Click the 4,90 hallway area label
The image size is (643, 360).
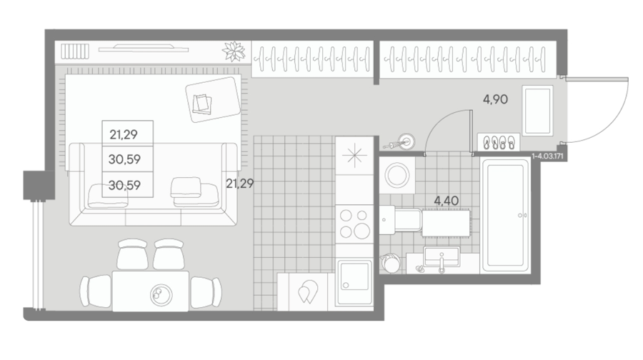(x=495, y=99)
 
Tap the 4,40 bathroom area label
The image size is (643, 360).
(x=446, y=201)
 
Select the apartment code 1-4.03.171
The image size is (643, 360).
(x=547, y=156)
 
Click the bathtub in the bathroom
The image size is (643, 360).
(x=505, y=215)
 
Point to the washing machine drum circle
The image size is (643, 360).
(x=397, y=176)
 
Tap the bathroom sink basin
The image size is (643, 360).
(x=442, y=256)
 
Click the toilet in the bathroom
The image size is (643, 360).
(x=400, y=220)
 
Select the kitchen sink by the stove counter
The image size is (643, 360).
(x=354, y=283)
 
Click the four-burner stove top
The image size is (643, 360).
(x=354, y=224)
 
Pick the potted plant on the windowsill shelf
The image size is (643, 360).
(x=234, y=51)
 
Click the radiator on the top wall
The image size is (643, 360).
(x=75, y=51)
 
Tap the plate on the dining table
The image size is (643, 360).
(x=161, y=294)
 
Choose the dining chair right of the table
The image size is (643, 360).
(x=206, y=292)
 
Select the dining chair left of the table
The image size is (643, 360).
(x=96, y=291)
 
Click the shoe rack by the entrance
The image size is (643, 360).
(x=498, y=142)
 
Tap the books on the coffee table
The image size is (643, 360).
(x=202, y=104)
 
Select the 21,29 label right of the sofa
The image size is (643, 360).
(x=240, y=184)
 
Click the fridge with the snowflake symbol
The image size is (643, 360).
(x=354, y=156)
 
